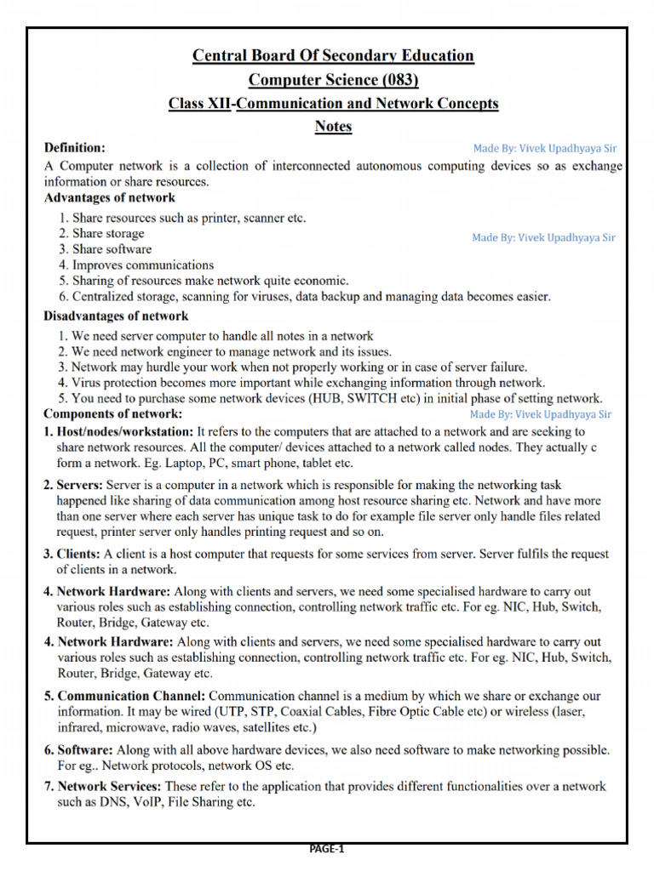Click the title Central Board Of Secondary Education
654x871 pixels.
click(333, 56)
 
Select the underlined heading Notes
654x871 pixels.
click(333, 127)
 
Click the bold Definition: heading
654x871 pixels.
click(75, 148)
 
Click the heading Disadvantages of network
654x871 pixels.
click(116, 316)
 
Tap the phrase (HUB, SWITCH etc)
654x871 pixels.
click(388, 398)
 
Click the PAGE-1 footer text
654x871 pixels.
click(327, 848)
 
